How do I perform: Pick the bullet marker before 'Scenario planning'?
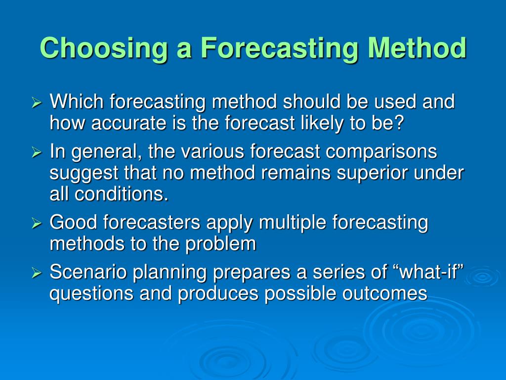tap(37, 273)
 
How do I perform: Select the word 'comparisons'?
tap(381, 152)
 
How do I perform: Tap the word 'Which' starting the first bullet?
tap(77, 102)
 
